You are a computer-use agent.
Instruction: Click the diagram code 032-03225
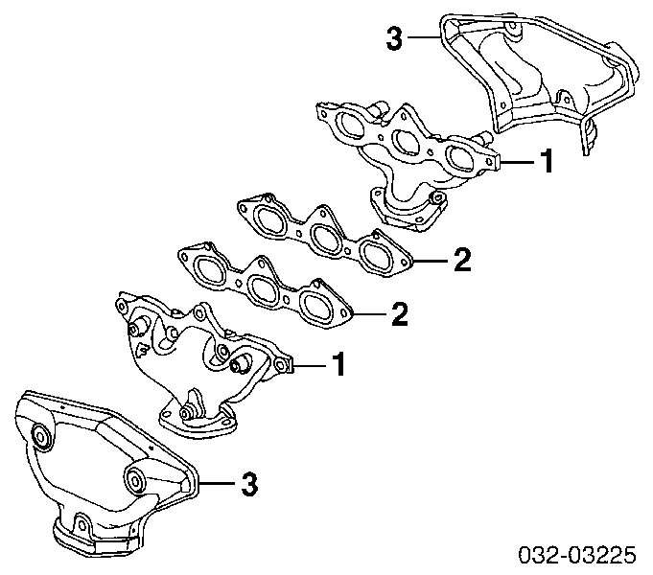577,555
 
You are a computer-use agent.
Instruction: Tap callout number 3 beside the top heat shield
395,38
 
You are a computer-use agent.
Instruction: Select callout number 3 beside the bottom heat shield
249,484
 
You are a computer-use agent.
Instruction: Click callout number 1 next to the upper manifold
547,161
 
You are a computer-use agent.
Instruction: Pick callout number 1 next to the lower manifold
339,364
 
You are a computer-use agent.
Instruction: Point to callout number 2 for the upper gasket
462,260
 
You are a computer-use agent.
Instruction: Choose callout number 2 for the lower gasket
400,314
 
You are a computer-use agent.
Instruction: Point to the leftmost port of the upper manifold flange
350,124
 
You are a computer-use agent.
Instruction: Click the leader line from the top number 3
424,37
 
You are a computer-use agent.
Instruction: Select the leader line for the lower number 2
370,313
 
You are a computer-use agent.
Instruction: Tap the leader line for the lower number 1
311,366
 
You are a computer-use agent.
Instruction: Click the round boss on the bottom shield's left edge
41,437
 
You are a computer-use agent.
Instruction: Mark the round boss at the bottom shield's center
135,479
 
